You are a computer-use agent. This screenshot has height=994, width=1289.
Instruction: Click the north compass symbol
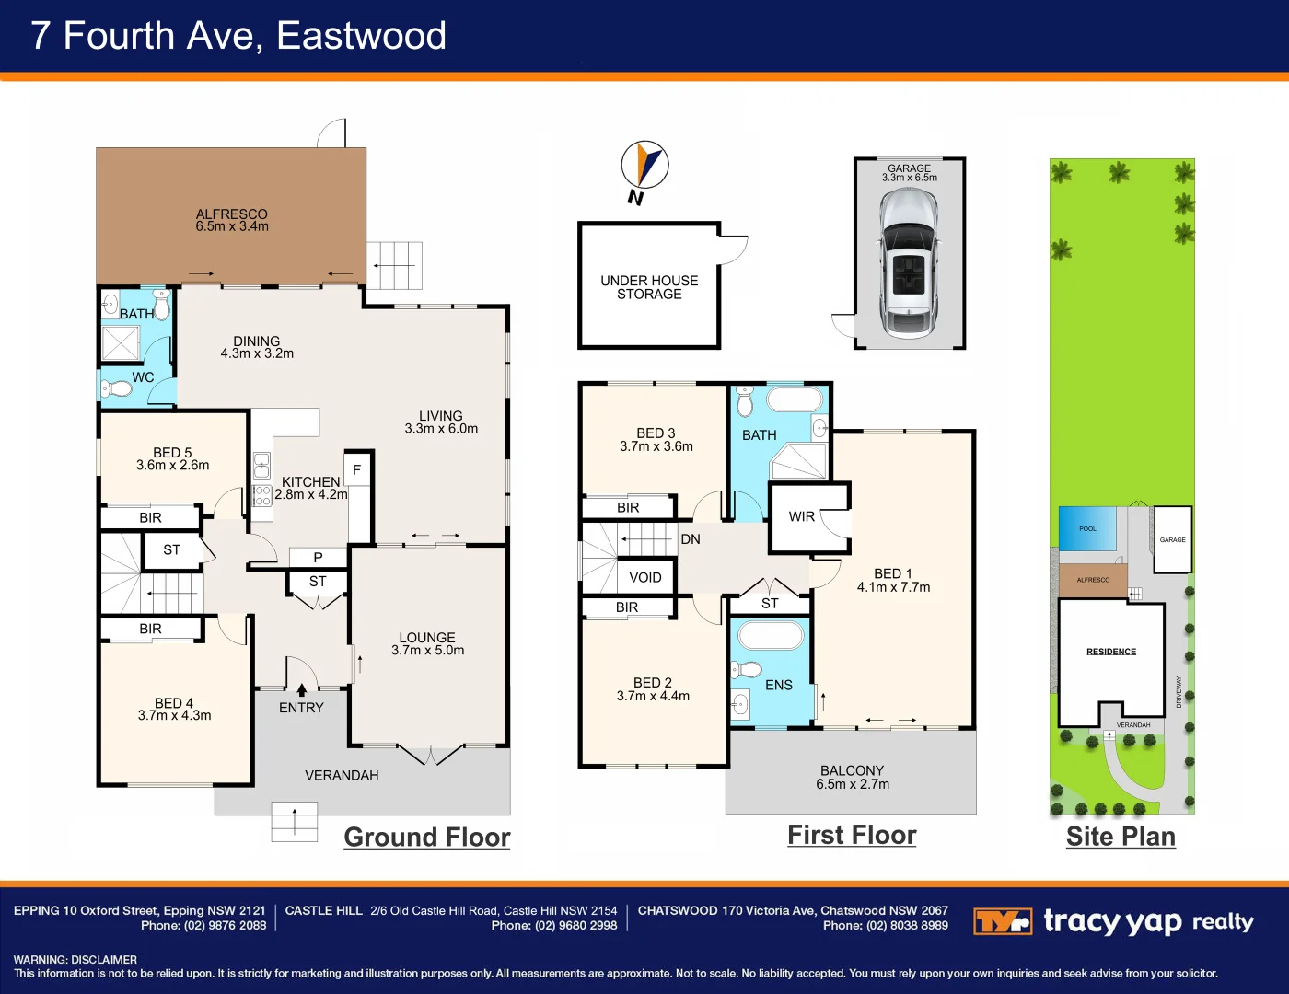(644, 166)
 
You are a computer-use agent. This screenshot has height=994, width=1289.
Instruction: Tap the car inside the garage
(909, 263)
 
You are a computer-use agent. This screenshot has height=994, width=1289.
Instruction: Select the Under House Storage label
(649, 287)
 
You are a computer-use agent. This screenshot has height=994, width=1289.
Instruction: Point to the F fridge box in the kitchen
(357, 470)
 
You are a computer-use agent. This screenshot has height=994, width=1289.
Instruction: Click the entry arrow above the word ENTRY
(301, 689)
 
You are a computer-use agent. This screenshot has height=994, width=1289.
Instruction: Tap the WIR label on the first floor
(802, 516)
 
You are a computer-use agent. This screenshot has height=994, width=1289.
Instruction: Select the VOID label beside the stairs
(644, 578)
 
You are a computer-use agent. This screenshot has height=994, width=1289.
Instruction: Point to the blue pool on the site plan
(1087, 528)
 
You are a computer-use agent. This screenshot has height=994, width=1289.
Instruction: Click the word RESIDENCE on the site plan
(1111, 652)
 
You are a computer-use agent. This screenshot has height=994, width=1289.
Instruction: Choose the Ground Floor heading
(427, 838)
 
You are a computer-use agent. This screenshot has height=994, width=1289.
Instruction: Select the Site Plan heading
(1121, 837)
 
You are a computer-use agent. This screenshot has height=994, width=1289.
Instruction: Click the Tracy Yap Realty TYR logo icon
(1002, 921)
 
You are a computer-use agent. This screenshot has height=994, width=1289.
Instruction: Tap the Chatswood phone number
(886, 926)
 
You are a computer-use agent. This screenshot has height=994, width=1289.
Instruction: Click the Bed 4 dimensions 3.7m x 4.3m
(175, 715)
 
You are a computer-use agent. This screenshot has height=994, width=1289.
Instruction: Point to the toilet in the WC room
(117, 388)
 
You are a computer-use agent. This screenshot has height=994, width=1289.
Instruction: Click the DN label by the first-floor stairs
(691, 539)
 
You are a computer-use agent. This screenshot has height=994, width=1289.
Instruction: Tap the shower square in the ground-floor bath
(121, 343)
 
